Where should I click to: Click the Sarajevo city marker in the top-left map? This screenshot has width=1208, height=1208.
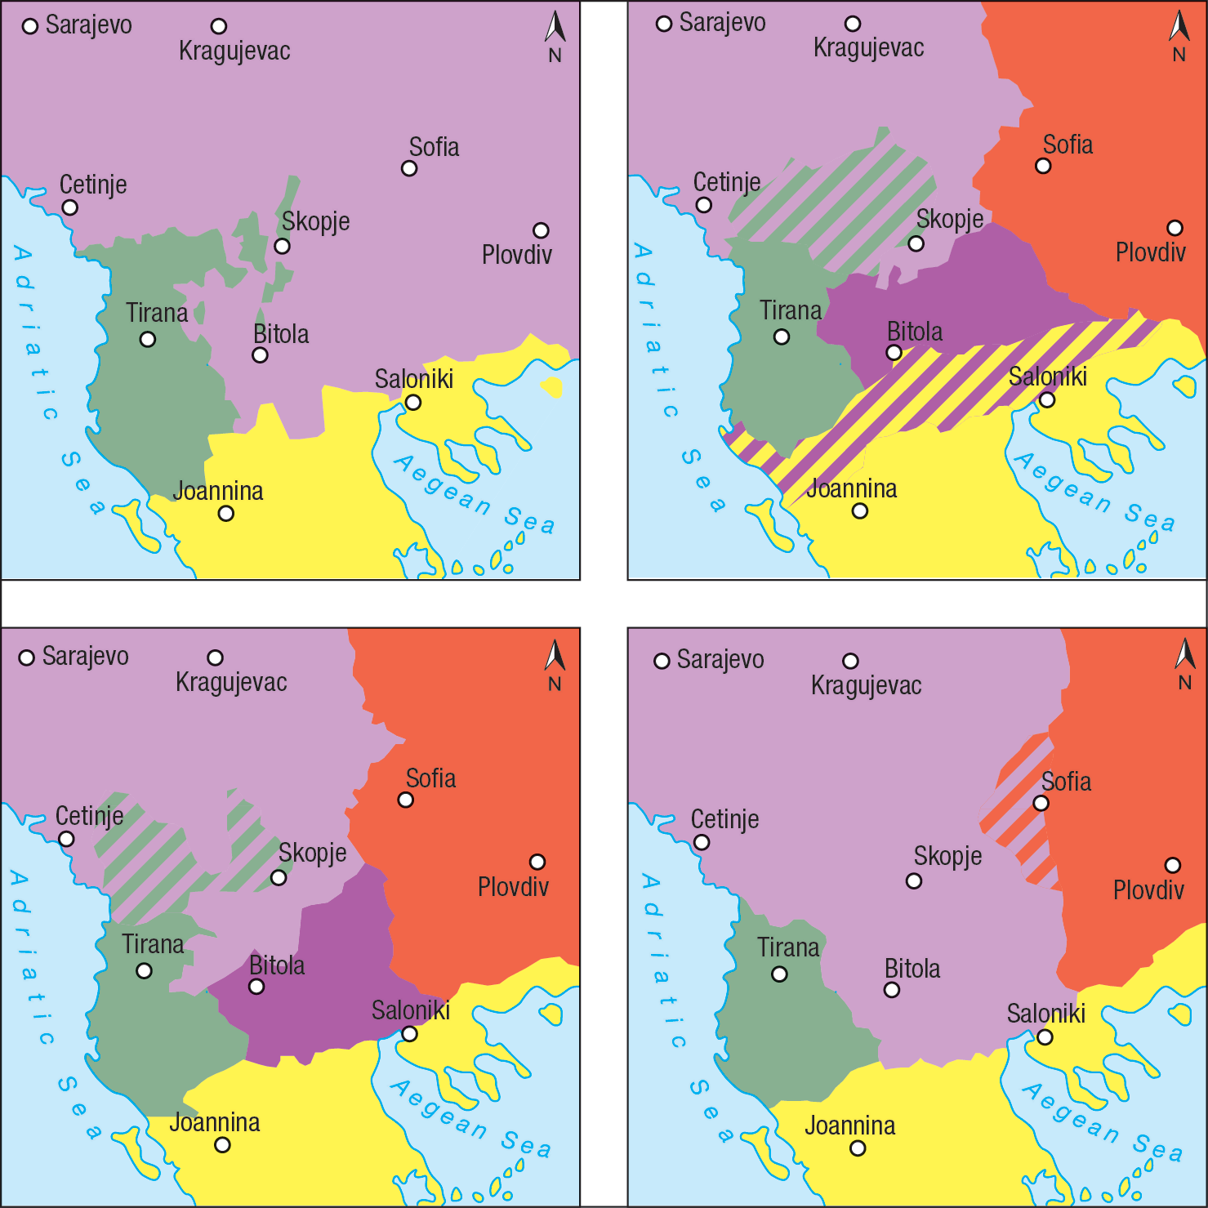point(30,27)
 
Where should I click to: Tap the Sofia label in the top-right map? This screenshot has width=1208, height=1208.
point(1068,145)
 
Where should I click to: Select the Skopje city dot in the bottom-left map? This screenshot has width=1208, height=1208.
point(279,877)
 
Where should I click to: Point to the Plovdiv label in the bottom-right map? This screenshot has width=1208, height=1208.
point(1148,889)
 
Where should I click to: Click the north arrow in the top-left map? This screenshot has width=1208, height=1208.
point(555,29)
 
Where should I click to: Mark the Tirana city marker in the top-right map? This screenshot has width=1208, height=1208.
point(782,337)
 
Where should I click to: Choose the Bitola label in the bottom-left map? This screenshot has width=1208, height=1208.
point(277,965)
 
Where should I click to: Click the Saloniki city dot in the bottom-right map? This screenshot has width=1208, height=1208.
point(1045,1037)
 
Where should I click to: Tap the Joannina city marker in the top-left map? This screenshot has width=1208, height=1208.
point(226,514)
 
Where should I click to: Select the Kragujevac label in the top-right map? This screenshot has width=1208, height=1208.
point(868,48)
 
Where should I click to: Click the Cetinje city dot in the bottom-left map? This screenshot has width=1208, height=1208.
point(66,839)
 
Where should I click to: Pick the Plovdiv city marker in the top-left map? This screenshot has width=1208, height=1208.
point(541,230)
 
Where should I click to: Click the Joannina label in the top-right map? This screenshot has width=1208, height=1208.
point(851,488)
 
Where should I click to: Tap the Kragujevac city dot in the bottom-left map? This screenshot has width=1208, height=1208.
point(215,657)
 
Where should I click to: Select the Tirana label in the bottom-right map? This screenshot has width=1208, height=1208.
point(788,947)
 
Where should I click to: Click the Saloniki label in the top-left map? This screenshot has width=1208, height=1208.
point(413,379)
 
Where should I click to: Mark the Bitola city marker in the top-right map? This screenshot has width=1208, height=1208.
point(894,353)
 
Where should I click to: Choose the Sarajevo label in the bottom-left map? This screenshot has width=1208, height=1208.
point(85,656)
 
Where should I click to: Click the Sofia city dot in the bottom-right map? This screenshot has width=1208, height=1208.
point(1041,803)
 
